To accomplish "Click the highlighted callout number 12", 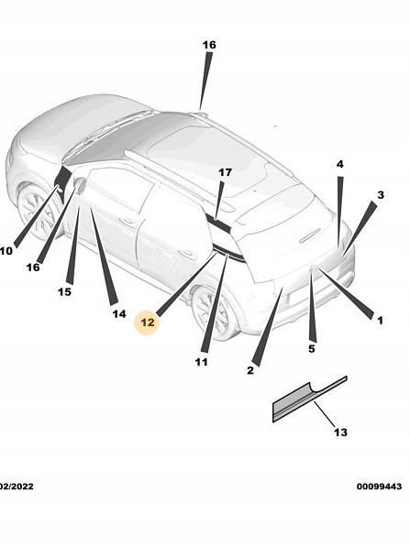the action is coord(147,323).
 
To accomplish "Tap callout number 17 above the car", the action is coord(226,172).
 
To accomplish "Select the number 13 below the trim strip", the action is coord(340,432).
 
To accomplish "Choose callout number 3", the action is coord(381,195).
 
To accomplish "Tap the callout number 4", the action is coord(339,164).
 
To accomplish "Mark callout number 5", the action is coord(312,348).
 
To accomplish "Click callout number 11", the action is coord(201,362).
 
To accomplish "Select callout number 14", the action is coord(119,314).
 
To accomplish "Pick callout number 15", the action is coord(64,291).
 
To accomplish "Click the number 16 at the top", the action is coord(209,45).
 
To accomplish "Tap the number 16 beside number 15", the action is coord(33,268).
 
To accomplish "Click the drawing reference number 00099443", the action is coord(379,487).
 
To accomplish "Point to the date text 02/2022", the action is coord(17,487).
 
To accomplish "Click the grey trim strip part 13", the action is coord(309,399).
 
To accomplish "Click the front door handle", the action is coord(127,221).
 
